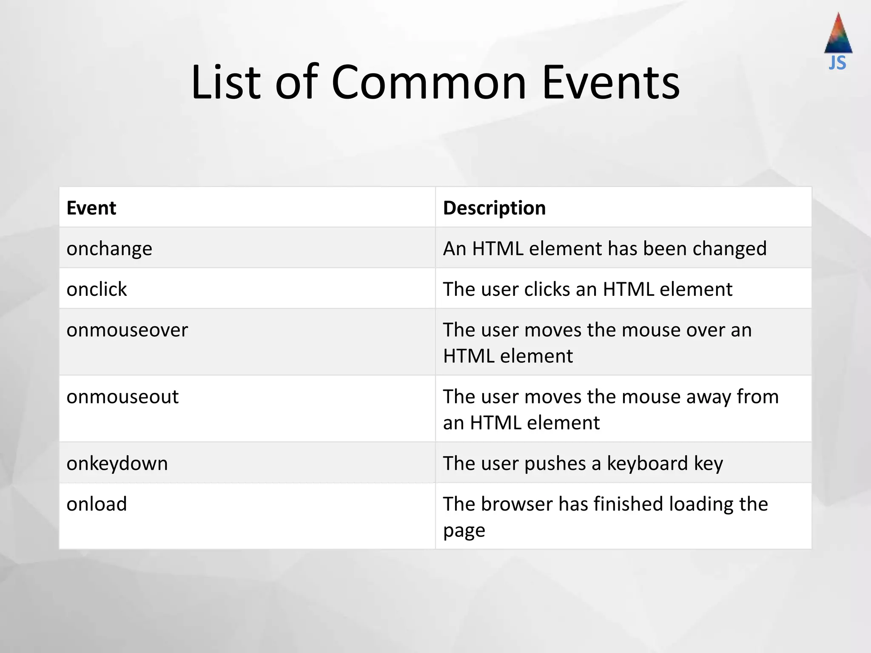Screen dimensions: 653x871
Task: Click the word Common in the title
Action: click(429, 82)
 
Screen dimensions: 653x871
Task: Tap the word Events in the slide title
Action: click(611, 82)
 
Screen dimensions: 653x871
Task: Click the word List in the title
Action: click(225, 82)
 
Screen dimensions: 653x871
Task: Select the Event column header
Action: click(91, 208)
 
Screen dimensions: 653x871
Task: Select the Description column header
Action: click(494, 208)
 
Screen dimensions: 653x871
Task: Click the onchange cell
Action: click(109, 249)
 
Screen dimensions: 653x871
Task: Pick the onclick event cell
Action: click(97, 290)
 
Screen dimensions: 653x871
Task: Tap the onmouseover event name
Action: click(127, 330)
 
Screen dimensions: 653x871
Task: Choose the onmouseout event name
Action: click(122, 397)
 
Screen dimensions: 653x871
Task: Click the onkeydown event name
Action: click(117, 463)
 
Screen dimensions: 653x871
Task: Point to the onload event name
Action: click(97, 504)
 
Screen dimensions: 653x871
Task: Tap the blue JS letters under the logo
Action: click(837, 63)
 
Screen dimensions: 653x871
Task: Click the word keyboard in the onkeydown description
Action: click(647, 463)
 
